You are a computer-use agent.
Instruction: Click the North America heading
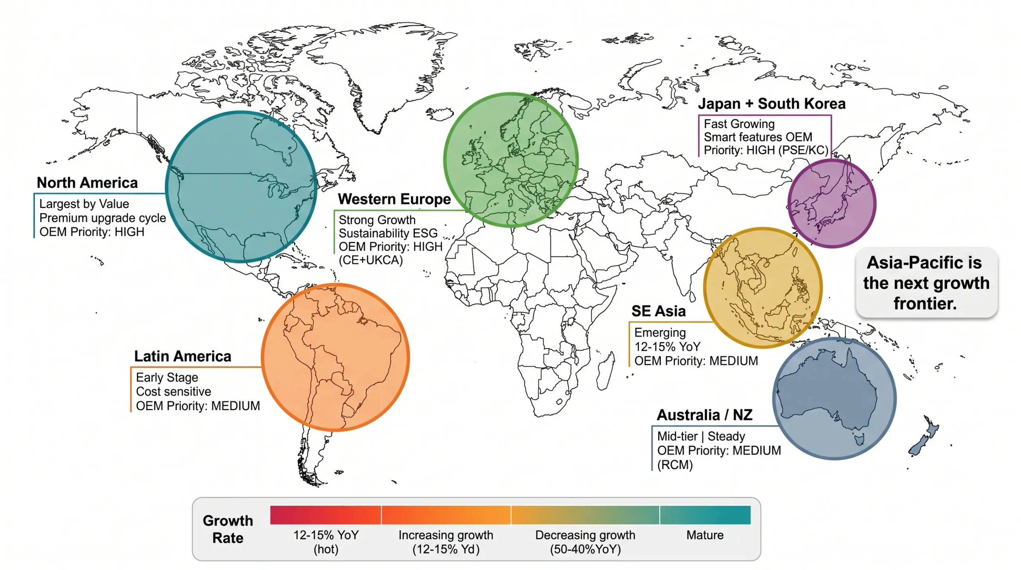tap(87, 183)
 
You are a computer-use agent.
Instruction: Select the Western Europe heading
tap(394, 199)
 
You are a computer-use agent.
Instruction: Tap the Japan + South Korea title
tap(771, 104)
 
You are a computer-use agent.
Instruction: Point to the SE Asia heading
tap(658, 311)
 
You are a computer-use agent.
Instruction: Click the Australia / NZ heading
tap(704, 415)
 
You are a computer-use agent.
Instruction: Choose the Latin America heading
tap(182, 356)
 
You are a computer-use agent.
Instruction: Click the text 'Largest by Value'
tap(84, 204)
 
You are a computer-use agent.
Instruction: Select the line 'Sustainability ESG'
tap(388, 233)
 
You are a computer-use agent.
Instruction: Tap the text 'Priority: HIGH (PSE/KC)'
tap(766, 150)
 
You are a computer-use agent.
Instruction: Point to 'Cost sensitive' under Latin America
tap(173, 392)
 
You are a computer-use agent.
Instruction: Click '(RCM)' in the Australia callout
tap(675, 465)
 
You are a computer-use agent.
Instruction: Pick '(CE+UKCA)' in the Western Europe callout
tap(371, 260)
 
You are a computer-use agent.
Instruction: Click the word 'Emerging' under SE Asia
tap(660, 333)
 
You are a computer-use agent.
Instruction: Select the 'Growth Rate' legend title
tap(228, 529)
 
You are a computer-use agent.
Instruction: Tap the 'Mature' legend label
tap(705, 535)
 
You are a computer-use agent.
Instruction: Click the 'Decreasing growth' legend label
tap(585, 535)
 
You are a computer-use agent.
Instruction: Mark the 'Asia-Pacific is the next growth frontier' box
tap(926, 283)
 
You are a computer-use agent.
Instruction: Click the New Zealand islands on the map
tap(924, 439)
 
